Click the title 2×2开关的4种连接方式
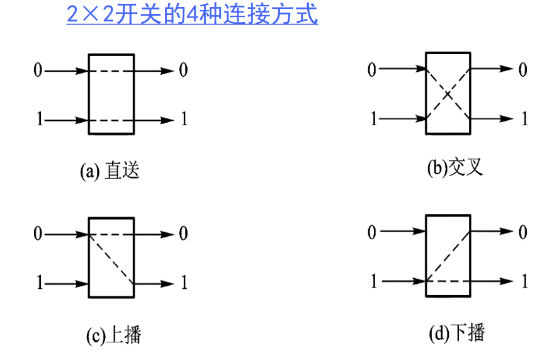[193, 14]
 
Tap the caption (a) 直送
[110, 171]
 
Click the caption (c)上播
[113, 335]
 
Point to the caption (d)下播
[457, 332]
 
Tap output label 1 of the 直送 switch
[184, 119]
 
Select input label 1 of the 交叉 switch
[373, 118]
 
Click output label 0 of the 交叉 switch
[523, 69]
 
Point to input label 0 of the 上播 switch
[38, 235]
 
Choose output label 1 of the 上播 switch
[184, 283]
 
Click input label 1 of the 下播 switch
[373, 281]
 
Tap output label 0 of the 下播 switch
[523, 232]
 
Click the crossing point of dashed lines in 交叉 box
[448, 94]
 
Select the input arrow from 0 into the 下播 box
[403, 232]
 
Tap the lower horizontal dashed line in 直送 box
[111, 119]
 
